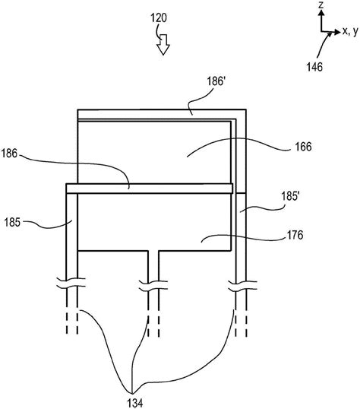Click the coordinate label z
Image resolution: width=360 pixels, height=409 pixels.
[x=323, y=7]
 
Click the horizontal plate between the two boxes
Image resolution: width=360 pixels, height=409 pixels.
[x=148, y=187]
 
